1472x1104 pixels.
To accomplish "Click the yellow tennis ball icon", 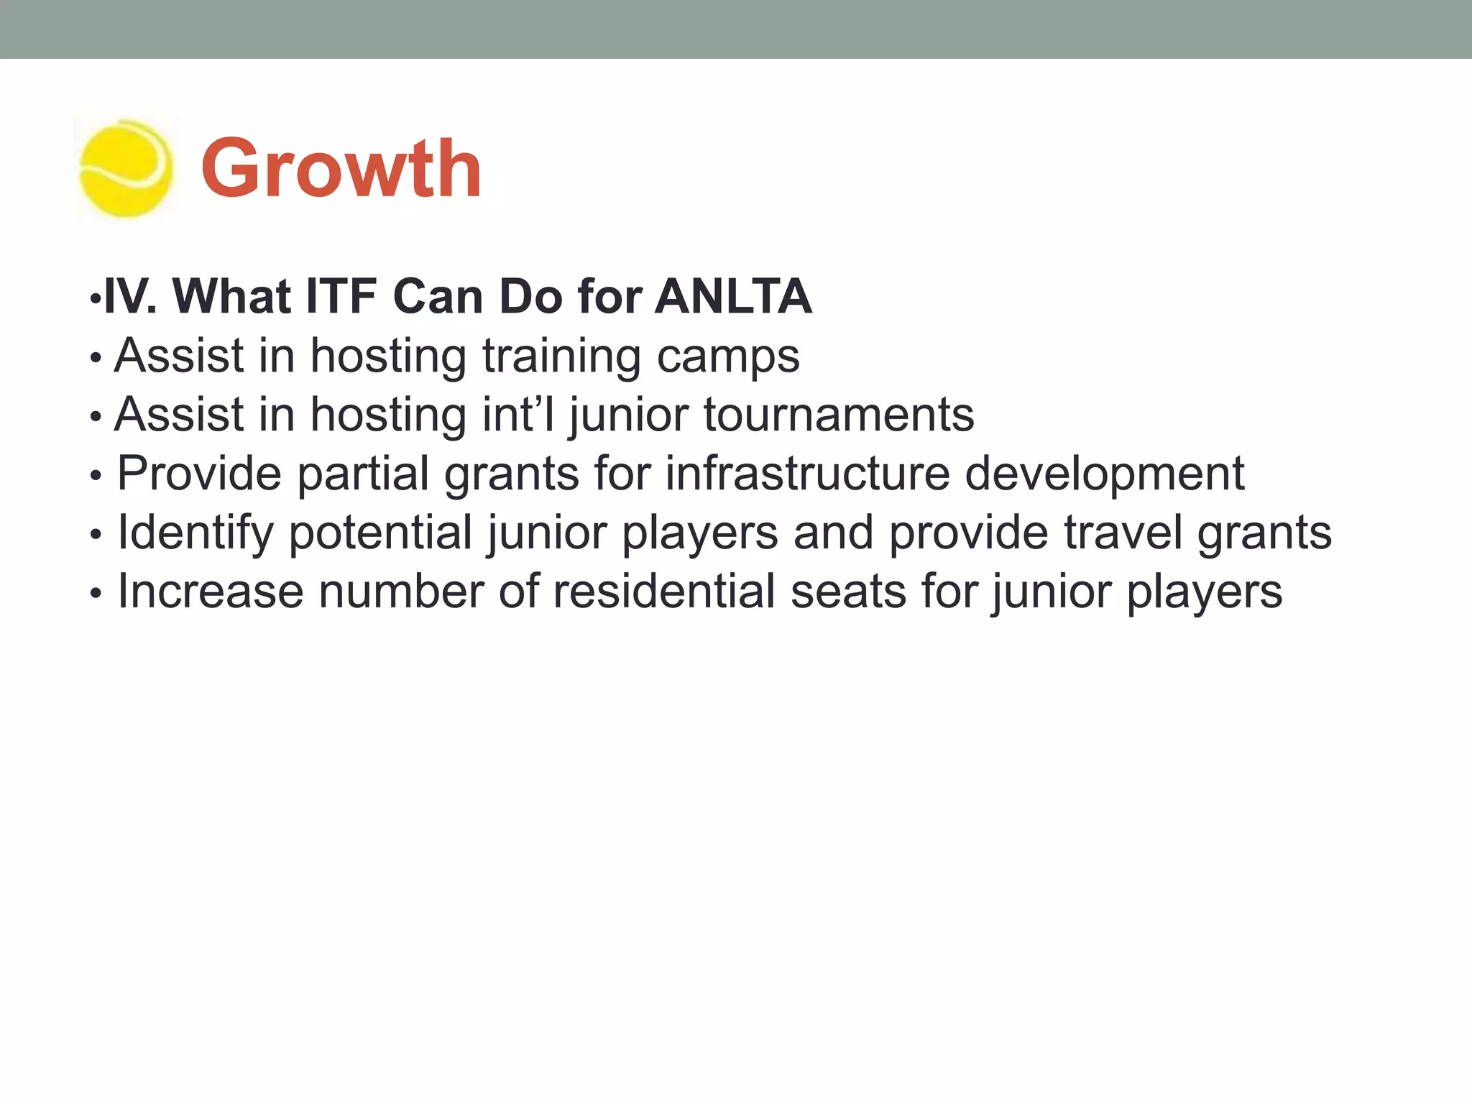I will [x=125, y=169].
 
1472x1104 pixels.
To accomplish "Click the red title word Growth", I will [x=341, y=169].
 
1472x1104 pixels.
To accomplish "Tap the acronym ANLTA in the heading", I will [x=733, y=296].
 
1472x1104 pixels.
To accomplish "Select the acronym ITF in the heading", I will [x=341, y=296].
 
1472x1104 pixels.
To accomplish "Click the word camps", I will [x=727, y=357].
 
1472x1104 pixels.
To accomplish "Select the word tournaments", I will [x=838, y=415].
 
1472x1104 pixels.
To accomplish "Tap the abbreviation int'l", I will [x=517, y=415].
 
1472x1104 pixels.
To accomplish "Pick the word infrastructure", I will [x=807, y=474].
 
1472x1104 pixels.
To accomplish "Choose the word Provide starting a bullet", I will [x=199, y=474].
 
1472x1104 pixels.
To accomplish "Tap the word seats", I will [x=848, y=592].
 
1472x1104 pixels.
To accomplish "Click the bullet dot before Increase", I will [x=96, y=594].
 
